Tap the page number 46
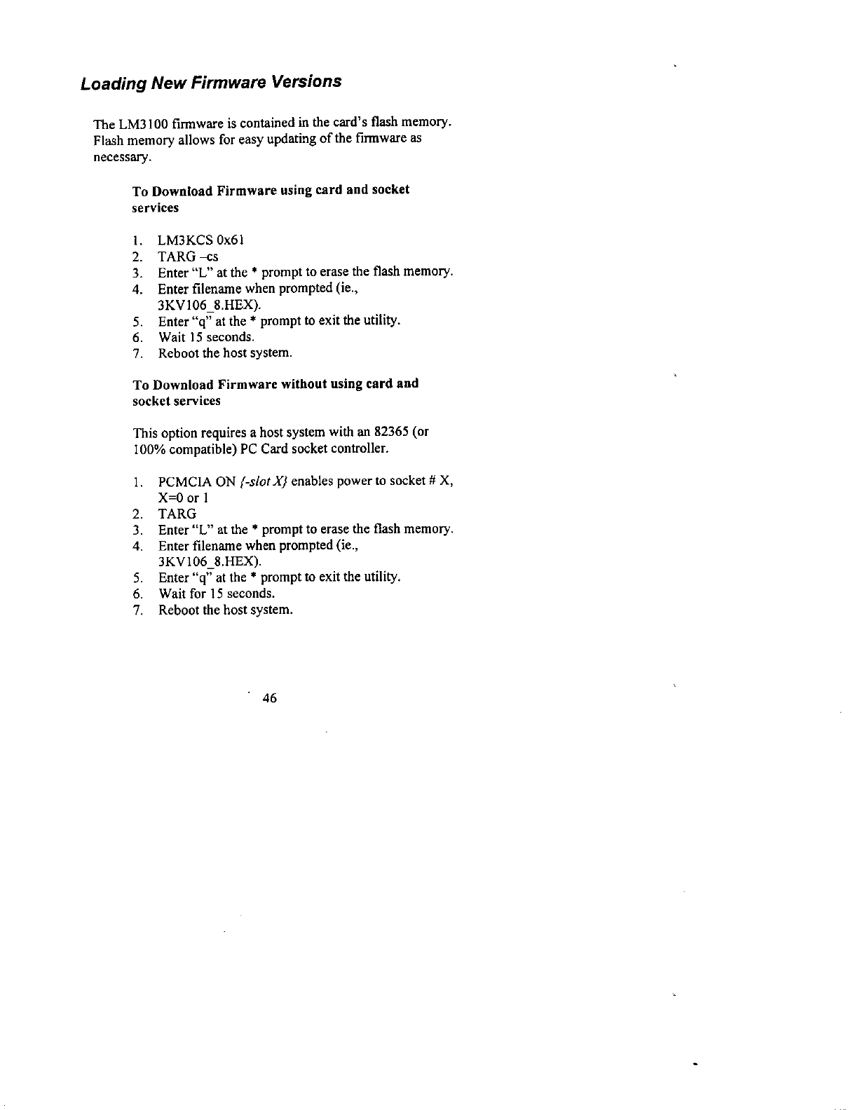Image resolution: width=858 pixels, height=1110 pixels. [269, 698]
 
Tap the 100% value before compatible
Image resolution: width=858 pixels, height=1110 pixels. [148, 448]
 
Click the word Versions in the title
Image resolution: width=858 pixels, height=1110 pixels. [308, 81]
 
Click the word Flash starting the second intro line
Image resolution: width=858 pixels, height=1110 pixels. [107, 141]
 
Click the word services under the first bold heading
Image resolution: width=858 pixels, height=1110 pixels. [156, 208]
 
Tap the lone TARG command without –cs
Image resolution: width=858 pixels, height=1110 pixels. [177, 514]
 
